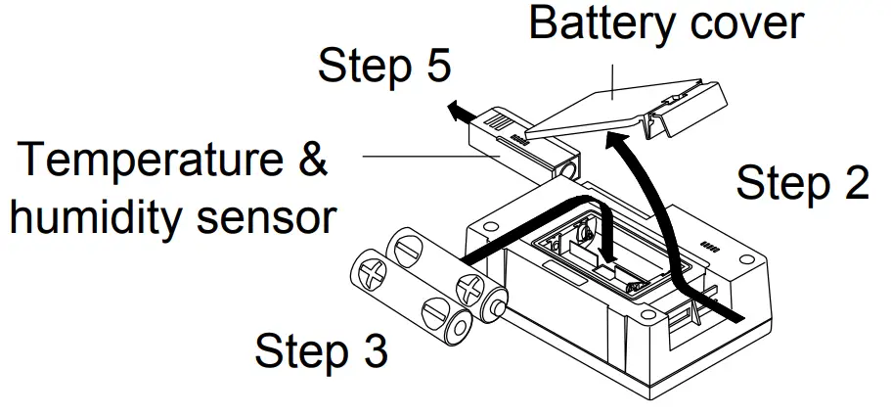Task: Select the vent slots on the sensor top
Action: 498,124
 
